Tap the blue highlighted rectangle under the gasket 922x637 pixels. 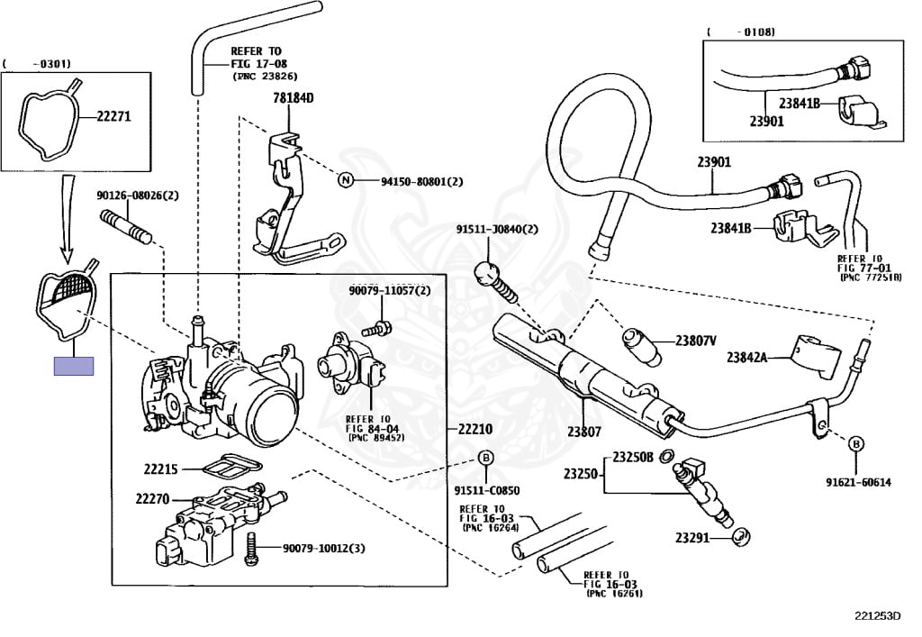click(x=74, y=366)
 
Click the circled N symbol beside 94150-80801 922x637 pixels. click(x=344, y=180)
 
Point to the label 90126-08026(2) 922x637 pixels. click(x=138, y=196)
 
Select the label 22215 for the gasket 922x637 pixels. click(x=162, y=469)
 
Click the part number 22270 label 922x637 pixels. click(x=154, y=498)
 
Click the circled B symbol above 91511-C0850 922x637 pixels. click(x=484, y=459)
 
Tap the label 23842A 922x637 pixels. click(x=747, y=358)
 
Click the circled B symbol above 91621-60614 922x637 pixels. click(x=856, y=443)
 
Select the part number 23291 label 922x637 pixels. click(x=693, y=539)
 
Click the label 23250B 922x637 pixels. click(x=634, y=457)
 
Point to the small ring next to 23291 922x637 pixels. click(x=737, y=539)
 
